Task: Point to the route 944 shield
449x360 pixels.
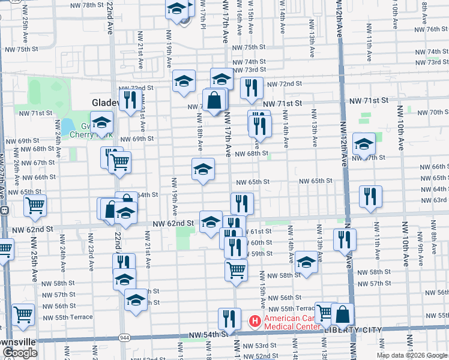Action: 124,338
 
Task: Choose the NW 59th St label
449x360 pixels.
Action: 259,254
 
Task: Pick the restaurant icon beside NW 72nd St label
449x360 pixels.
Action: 252,88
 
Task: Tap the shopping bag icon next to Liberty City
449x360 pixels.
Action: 342,314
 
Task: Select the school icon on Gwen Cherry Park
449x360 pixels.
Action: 102,122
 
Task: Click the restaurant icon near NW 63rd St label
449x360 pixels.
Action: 370,197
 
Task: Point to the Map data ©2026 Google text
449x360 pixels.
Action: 412,355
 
